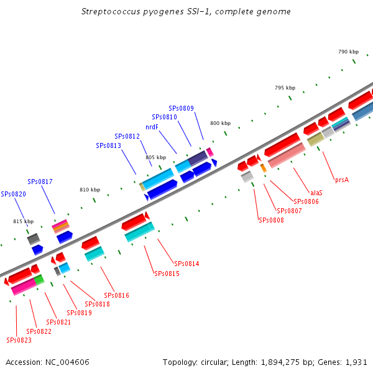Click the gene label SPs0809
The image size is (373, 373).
tap(182, 108)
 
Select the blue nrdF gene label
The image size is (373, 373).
tap(152, 127)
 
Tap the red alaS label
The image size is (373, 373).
tap(316, 193)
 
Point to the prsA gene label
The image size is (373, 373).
tap(342, 180)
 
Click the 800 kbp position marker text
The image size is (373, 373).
tap(221, 123)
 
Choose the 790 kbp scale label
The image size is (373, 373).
tap(349, 52)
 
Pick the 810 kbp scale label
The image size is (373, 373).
tap(90, 190)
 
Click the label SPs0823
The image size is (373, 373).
tap(19, 340)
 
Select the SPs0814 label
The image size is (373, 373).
tap(186, 264)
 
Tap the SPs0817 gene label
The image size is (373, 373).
tap(40, 182)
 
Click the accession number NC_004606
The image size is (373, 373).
tap(67, 362)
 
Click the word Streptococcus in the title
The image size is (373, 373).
tap(111, 12)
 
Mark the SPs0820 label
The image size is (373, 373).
tap(13, 194)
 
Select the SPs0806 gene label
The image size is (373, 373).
tap(306, 201)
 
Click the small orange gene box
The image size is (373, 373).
tap(264, 168)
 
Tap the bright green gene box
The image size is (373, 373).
tap(39, 280)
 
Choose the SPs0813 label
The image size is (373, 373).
tap(108, 145)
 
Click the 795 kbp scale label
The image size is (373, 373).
tap(285, 88)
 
